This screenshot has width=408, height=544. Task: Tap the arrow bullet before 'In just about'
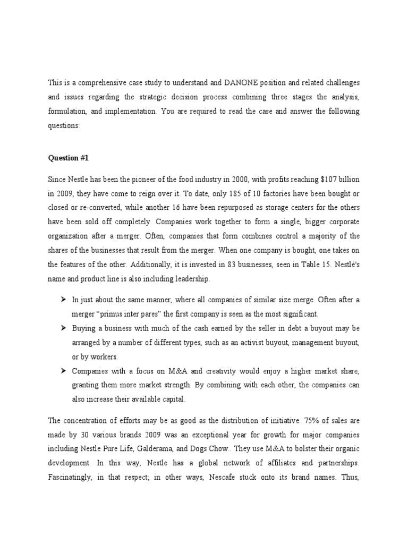(63, 300)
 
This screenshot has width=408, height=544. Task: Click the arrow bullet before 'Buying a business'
(63, 329)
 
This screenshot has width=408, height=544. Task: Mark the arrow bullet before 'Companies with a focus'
(63, 371)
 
